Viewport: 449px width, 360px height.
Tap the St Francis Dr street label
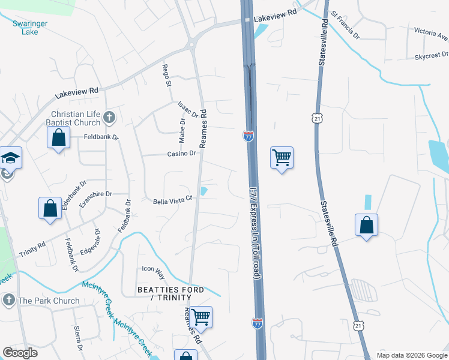point(345,22)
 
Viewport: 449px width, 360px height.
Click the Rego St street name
point(166,75)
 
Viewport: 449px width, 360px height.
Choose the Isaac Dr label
point(187,109)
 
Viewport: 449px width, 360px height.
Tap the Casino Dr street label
point(181,154)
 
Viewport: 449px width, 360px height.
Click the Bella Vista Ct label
point(172,199)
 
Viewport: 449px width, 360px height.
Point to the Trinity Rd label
point(32,247)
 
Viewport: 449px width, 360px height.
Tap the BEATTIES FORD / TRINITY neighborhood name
point(170,293)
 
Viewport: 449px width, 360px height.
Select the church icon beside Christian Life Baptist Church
point(109,118)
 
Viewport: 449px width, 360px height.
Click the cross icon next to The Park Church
point(8,300)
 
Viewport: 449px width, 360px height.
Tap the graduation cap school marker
point(11,157)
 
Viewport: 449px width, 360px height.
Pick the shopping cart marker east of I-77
point(282,158)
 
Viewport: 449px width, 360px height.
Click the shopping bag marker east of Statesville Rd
point(366,225)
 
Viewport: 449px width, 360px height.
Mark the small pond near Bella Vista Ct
point(204,191)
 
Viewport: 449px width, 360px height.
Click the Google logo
point(20,353)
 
